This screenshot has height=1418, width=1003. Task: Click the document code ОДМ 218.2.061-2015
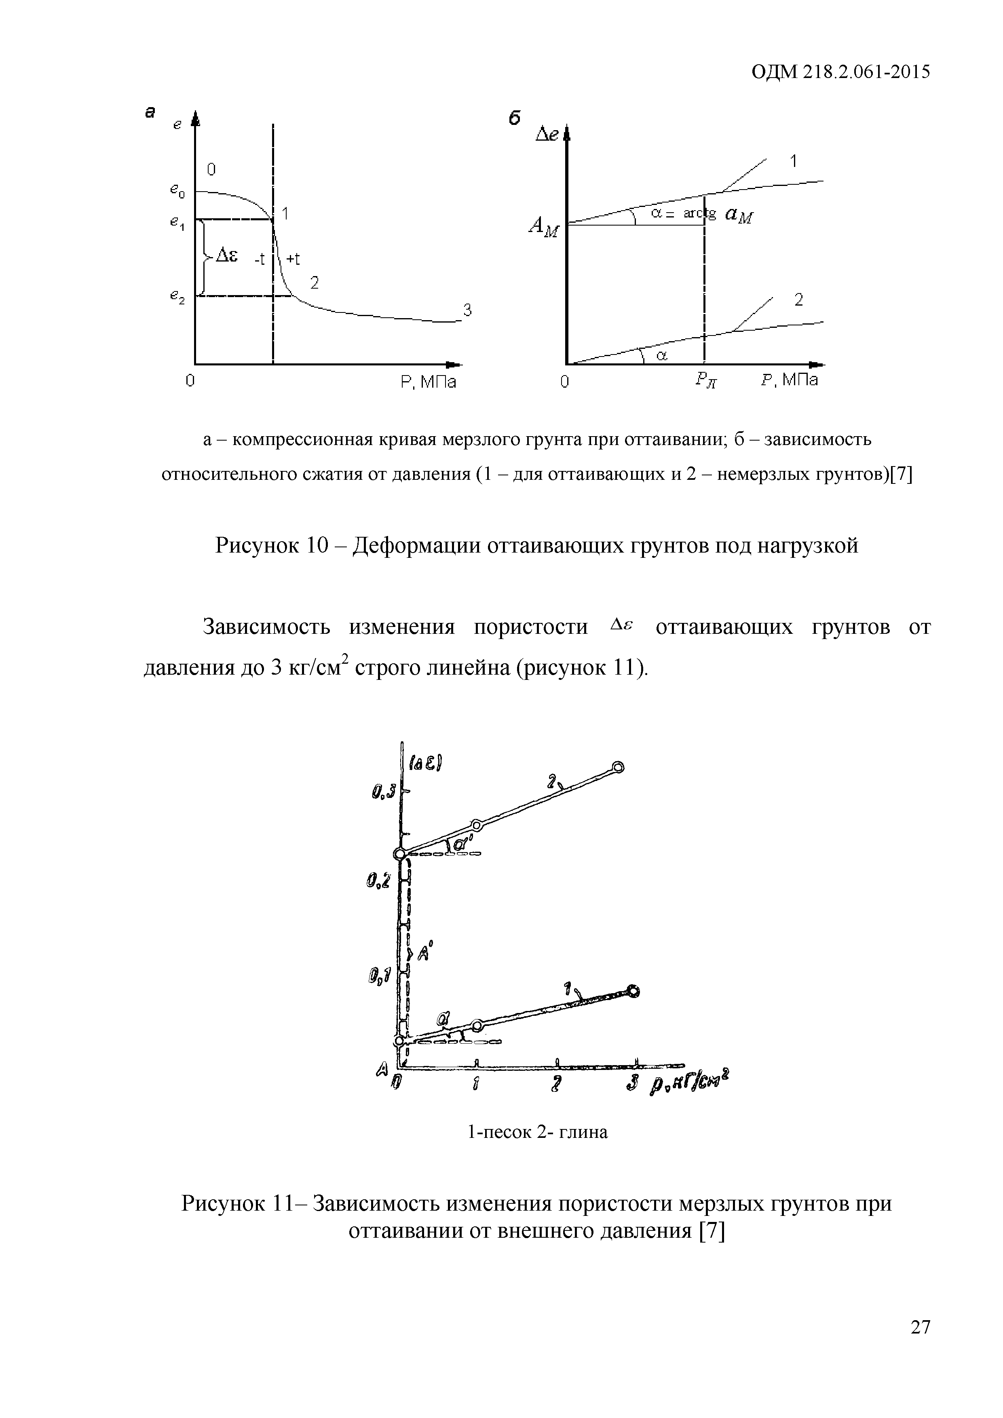840,72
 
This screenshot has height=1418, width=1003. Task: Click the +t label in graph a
293,260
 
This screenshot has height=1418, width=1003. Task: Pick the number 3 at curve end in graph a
467,311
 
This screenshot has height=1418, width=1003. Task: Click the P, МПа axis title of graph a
429,383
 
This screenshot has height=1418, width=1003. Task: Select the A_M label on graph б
543,228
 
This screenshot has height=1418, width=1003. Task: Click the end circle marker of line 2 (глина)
617,768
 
